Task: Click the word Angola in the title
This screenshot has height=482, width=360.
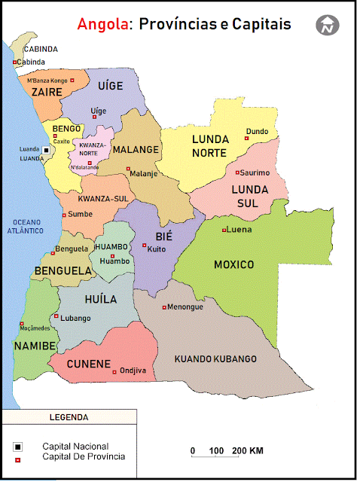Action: (101, 25)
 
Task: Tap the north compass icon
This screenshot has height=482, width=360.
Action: (328, 25)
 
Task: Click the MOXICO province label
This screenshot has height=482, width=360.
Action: (233, 264)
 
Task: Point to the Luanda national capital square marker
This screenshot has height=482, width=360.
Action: (46, 150)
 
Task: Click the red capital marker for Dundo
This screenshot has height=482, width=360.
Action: (246, 139)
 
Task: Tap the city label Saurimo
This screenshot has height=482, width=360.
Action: (255, 172)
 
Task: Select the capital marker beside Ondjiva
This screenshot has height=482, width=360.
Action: (114, 371)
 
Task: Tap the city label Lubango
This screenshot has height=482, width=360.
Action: (75, 318)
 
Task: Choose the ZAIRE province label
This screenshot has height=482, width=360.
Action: (46, 92)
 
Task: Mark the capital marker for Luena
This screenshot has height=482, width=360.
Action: (224, 230)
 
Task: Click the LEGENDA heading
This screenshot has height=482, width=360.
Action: (69, 416)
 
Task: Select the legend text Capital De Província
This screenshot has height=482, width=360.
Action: (84, 456)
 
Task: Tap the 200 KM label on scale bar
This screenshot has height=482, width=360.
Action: (248, 450)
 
